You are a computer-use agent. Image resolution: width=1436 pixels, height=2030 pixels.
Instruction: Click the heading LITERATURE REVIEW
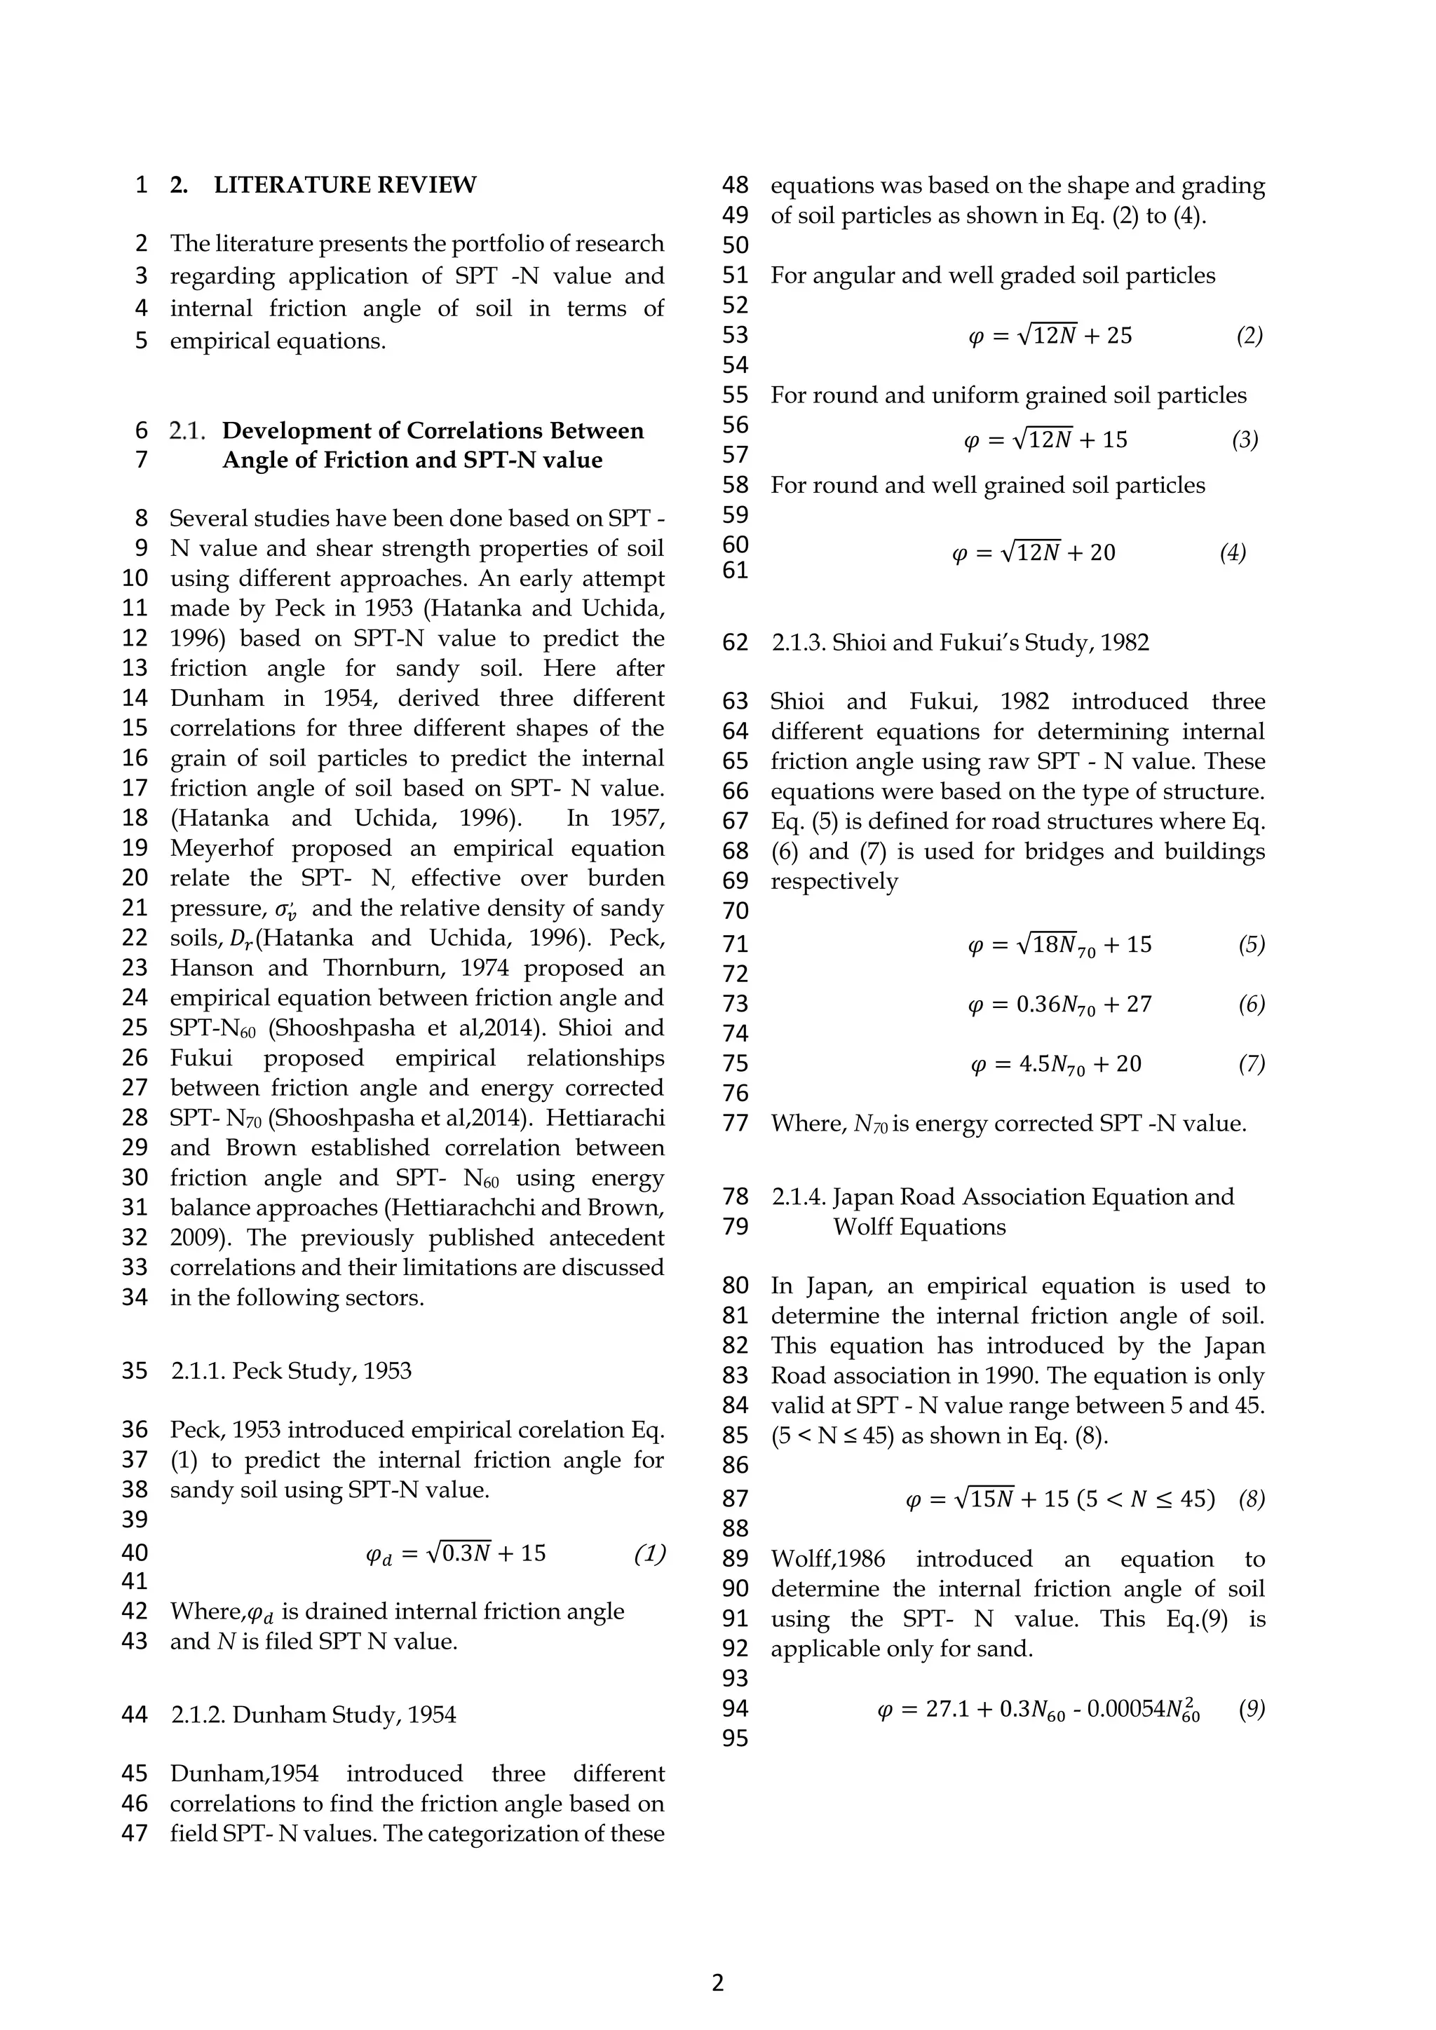345,185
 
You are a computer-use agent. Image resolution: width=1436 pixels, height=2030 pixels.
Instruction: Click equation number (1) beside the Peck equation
649,1553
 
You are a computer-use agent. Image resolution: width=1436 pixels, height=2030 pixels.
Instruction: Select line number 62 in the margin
735,642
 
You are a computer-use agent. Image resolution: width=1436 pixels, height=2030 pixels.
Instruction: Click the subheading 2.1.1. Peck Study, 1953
291,1370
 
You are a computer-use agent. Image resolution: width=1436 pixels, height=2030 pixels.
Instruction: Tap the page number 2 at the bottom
717,1982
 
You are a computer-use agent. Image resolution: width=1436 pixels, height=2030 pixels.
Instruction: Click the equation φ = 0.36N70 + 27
1060,1004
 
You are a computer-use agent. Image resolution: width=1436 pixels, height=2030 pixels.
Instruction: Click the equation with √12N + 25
1050,335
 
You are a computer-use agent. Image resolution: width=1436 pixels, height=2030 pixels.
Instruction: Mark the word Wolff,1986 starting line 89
827,1559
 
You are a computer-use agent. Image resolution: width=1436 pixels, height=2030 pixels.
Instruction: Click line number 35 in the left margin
135,1370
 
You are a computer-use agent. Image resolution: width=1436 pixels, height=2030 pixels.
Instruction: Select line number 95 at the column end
735,1738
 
